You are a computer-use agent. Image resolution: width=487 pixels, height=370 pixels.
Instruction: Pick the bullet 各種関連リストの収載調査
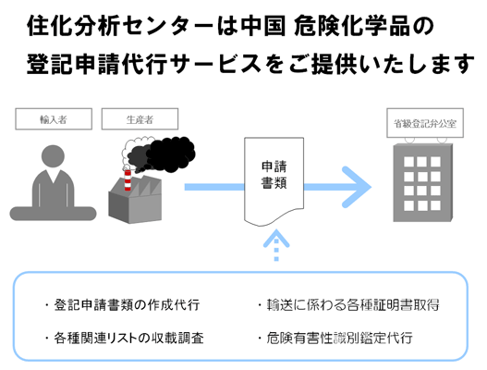click(x=123, y=338)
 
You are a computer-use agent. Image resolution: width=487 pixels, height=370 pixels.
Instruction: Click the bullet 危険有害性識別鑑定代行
click(x=339, y=338)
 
